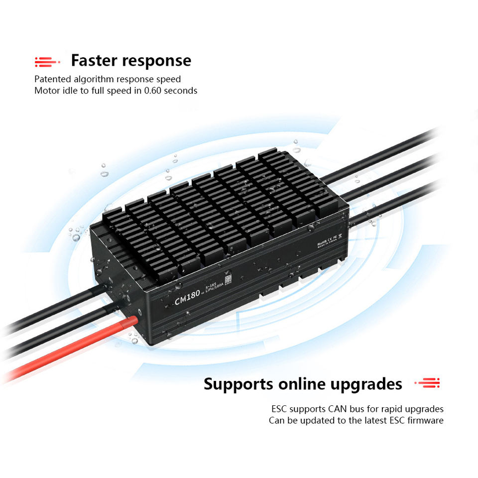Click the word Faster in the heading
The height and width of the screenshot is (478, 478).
[94, 61]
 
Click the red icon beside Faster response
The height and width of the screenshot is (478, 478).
[47, 62]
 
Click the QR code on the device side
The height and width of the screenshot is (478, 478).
[229, 280]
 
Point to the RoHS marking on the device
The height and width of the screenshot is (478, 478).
[323, 242]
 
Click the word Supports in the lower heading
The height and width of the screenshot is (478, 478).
[238, 384]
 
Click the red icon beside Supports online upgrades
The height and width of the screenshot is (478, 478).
[428, 383]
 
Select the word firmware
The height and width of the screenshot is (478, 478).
[425, 421]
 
